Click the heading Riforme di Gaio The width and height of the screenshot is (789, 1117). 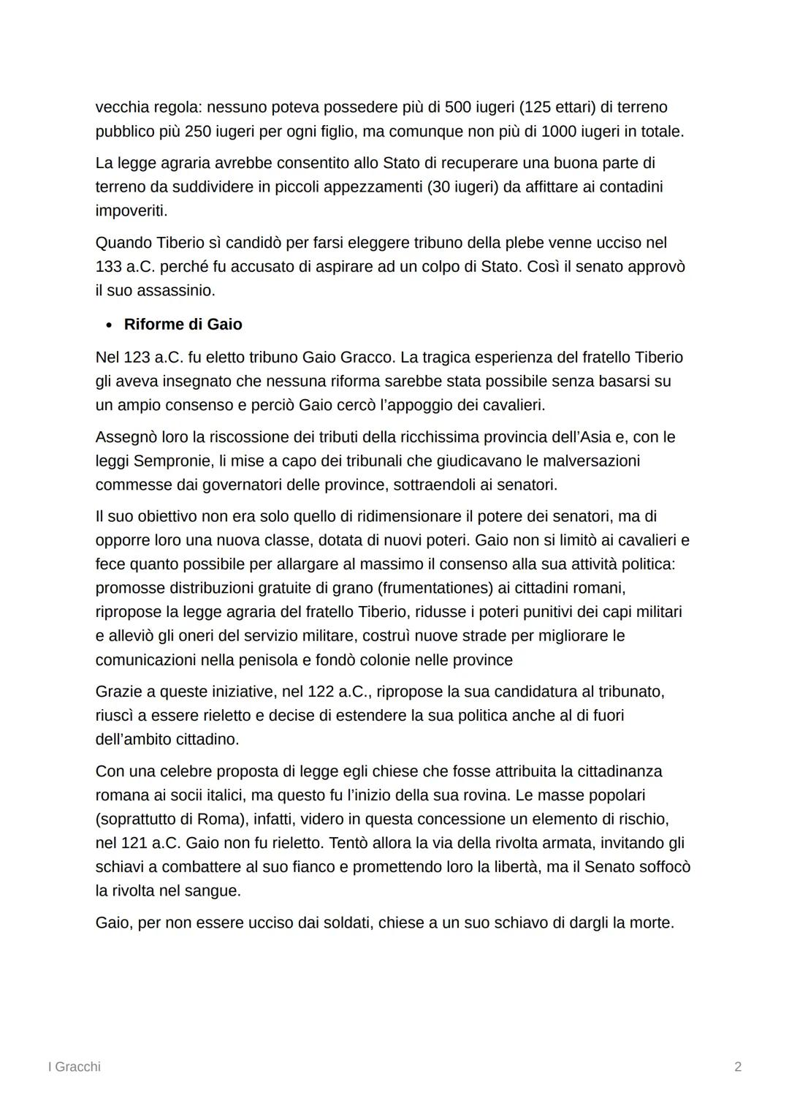[183, 325]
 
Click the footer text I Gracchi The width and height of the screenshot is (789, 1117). [74, 1067]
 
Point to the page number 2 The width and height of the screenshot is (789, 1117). [738, 1067]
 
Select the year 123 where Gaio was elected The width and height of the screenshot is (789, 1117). [137, 357]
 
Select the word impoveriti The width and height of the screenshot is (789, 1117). [131, 211]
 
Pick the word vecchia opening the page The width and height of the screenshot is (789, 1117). [121, 107]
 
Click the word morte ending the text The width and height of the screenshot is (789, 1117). [651, 923]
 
